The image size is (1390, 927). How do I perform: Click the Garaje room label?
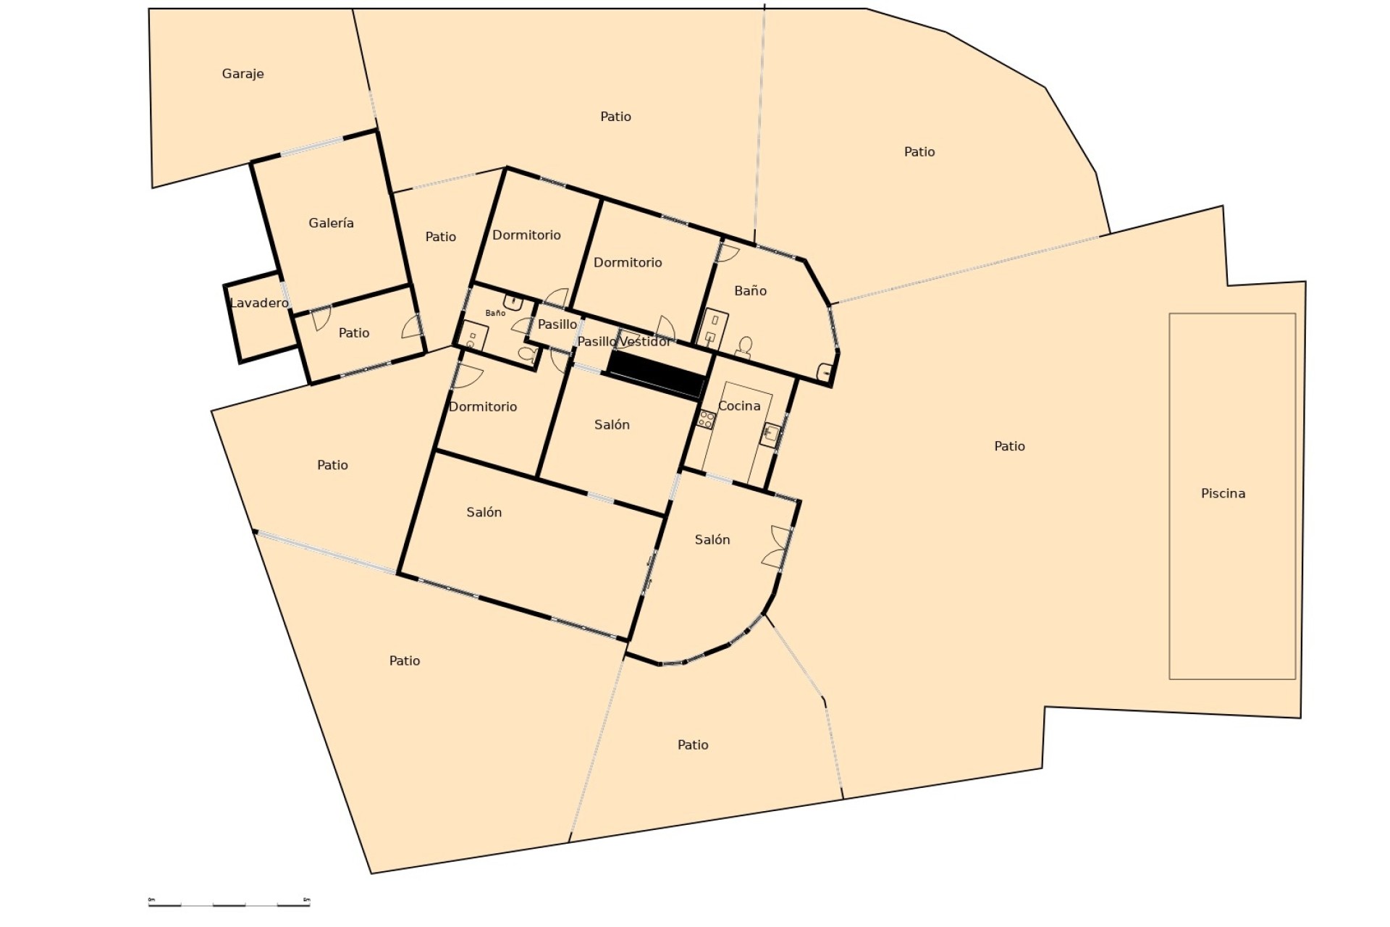243,74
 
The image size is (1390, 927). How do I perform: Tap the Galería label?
331,223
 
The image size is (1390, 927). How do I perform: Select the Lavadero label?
258,303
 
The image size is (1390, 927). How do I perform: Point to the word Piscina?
1223,494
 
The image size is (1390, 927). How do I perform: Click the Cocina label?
739,406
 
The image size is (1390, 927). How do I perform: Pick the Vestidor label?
645,341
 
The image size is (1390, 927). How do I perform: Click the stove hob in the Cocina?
706,419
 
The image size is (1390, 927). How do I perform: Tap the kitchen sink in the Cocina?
770,433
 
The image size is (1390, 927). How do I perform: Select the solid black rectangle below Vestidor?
656,374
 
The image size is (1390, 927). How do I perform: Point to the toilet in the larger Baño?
744,347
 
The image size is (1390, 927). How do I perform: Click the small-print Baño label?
495,314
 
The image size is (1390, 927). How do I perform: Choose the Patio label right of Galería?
440,237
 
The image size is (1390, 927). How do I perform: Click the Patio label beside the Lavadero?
353,333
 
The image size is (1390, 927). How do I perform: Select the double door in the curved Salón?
777,547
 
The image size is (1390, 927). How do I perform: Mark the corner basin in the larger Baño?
825,372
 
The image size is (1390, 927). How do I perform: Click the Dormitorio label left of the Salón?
483,407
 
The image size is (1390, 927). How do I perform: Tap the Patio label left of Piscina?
1009,447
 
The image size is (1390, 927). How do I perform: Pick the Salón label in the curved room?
712,540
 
